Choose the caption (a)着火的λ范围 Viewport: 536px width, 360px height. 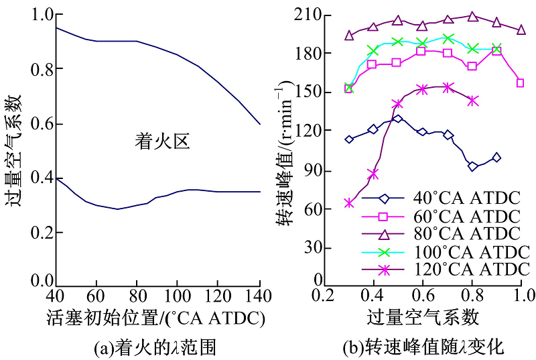coord(155,347)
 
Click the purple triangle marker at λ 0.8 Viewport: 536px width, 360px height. coord(472,16)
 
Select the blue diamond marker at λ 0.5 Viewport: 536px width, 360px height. coord(398,119)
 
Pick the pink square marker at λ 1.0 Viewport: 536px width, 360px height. coord(521,83)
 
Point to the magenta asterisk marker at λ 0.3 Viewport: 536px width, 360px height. coord(349,202)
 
